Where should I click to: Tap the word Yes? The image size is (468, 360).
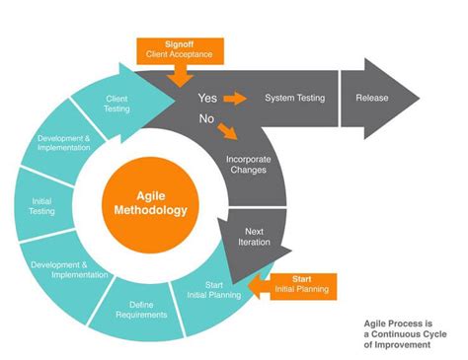click(x=208, y=99)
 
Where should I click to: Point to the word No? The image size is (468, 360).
click(x=207, y=118)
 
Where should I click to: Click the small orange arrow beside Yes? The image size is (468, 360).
click(x=234, y=99)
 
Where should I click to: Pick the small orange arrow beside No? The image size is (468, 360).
click(x=229, y=129)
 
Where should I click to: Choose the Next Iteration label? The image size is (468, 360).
click(x=254, y=237)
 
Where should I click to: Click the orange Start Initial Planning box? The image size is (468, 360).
click(x=300, y=286)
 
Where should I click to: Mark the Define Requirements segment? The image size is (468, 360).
click(x=141, y=311)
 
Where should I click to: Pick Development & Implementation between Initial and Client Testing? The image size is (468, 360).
click(x=66, y=146)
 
